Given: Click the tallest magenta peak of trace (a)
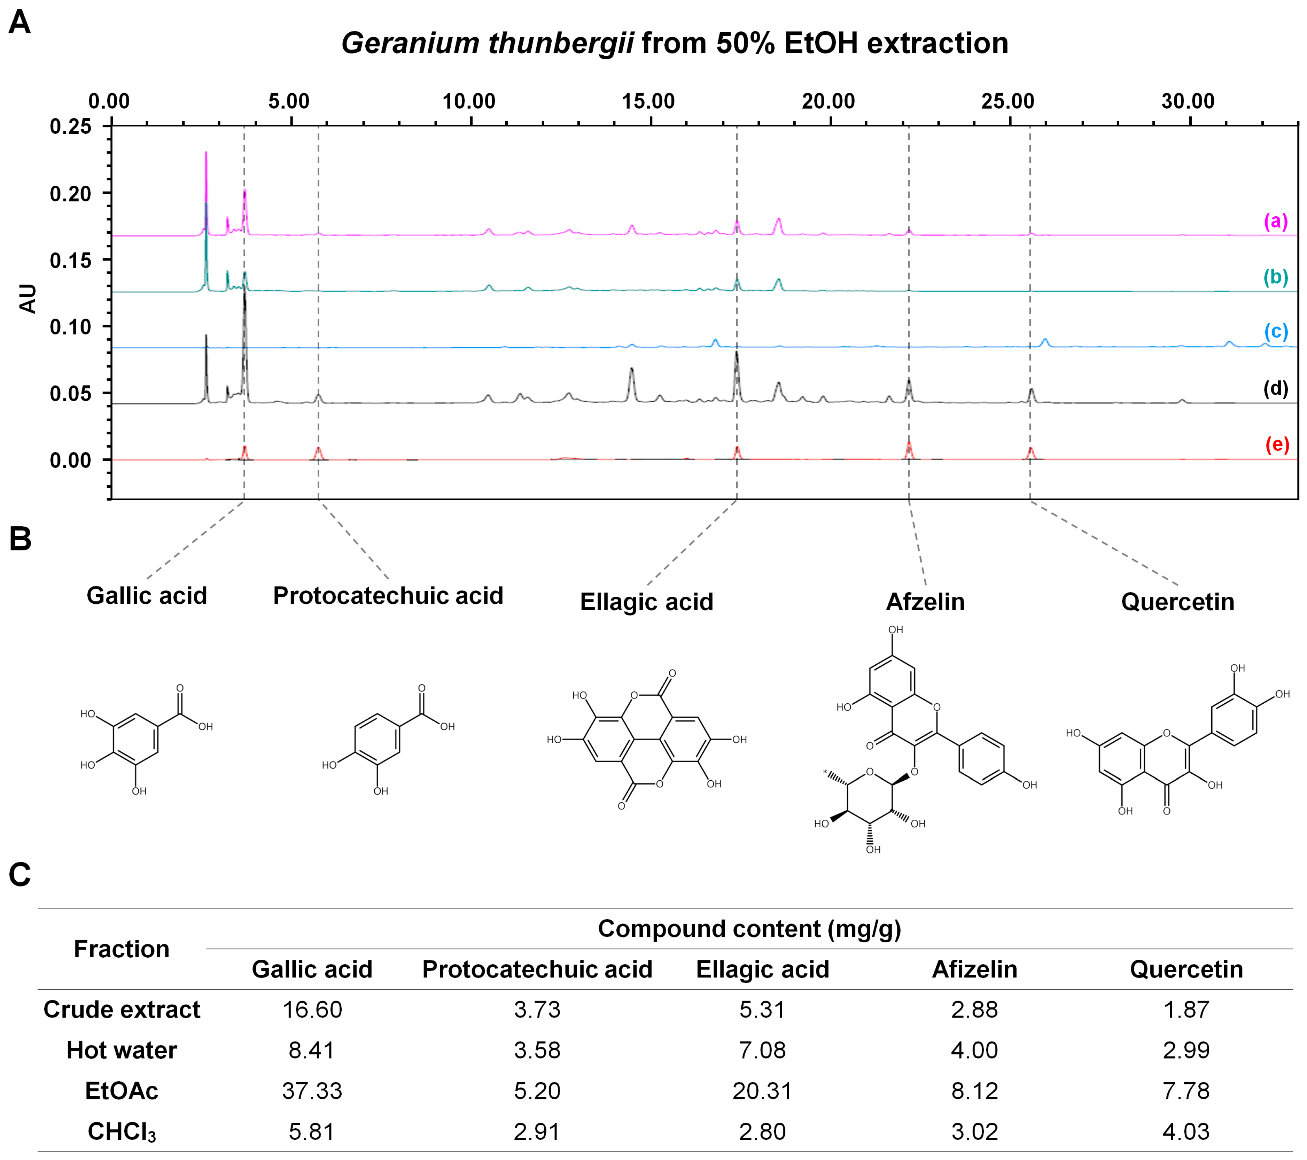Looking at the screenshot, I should click(206, 154).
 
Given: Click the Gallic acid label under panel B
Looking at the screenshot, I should click(147, 595).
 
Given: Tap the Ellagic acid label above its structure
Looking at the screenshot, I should click(646, 602).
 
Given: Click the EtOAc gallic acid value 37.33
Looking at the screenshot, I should click(312, 1091).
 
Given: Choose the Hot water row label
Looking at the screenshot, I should click(122, 1050).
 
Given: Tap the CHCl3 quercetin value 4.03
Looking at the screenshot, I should click(1186, 1131).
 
